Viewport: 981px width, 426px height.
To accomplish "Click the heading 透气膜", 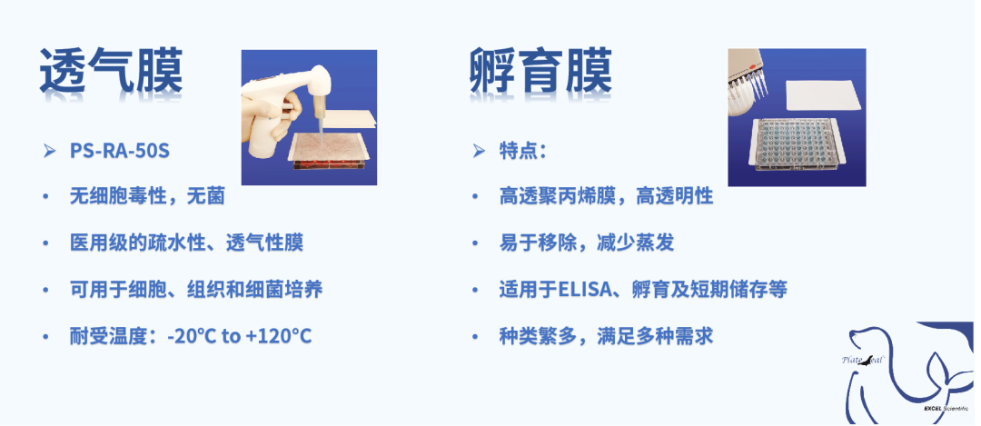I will pyautogui.click(x=111, y=72).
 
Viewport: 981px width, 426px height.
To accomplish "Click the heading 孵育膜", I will pyautogui.click(x=540, y=72).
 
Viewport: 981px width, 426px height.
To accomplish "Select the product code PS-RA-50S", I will pyautogui.click(x=120, y=151).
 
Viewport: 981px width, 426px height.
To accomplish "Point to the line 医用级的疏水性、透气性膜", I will pyautogui.click(x=186, y=243).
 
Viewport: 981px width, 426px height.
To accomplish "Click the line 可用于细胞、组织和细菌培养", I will pyautogui.click(x=196, y=290).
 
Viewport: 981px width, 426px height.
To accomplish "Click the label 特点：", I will pyautogui.click(x=523, y=151).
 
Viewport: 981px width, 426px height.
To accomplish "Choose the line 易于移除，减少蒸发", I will pyautogui.click(x=586, y=243).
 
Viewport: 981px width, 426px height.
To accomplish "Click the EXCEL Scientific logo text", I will pyautogui.click(x=949, y=409).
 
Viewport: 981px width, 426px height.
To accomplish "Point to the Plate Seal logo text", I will pyautogui.click(x=864, y=360).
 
